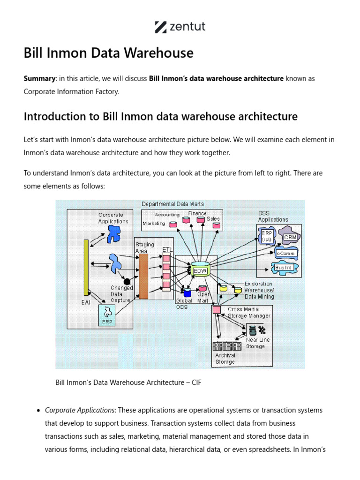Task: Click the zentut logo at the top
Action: [x=180, y=27]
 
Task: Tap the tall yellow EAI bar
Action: [x=86, y=267]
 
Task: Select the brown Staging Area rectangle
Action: [x=143, y=276]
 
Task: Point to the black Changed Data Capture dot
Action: [x=127, y=281]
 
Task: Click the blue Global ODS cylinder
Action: [x=187, y=293]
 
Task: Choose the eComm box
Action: [x=286, y=253]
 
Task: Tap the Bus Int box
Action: [x=283, y=268]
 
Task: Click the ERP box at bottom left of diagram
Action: [x=107, y=315]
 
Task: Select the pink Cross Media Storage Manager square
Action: [x=217, y=310]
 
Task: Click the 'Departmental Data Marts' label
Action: [x=172, y=204]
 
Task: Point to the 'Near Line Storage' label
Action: [x=258, y=343]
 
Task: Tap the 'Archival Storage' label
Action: [x=225, y=359]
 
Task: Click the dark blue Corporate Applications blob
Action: [x=113, y=233]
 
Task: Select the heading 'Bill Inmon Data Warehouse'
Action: [x=108, y=53]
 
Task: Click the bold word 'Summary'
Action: [x=39, y=78]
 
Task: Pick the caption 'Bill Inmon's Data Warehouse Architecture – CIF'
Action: [x=128, y=383]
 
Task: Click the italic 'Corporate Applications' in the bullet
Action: [x=80, y=410]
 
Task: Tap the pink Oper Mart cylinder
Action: [x=202, y=289]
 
